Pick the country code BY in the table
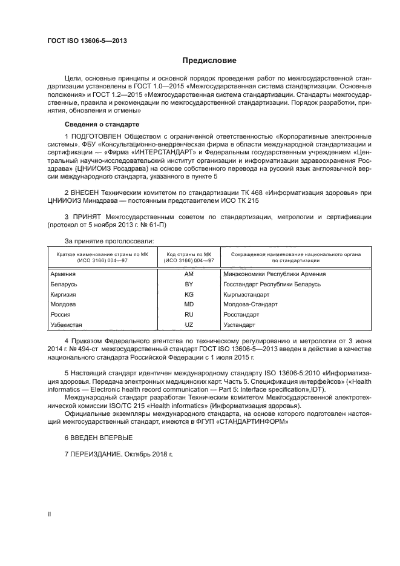188,284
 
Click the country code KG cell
188,294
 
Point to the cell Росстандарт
241,315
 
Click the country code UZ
188,325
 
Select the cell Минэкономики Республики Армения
275,274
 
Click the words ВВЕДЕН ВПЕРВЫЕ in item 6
100,437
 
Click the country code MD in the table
188,304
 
